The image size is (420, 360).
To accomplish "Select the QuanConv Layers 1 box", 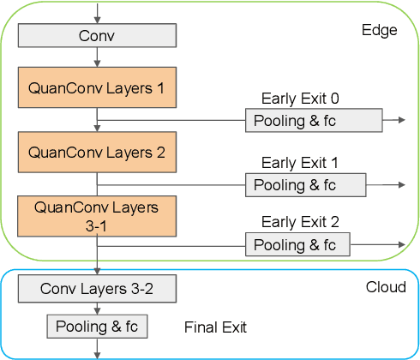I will (x=97, y=88).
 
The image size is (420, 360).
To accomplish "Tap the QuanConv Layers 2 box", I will (x=97, y=153).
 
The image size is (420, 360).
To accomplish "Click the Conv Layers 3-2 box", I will (x=97, y=289).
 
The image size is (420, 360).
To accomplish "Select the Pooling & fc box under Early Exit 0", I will (x=313, y=120).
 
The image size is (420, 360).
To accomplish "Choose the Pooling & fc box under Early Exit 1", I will (x=305, y=184).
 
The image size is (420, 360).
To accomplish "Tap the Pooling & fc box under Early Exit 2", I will (x=297, y=245).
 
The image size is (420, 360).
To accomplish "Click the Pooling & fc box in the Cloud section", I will (x=97, y=327).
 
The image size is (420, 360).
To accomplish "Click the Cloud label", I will (x=386, y=287).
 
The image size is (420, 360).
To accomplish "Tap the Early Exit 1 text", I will (x=300, y=162).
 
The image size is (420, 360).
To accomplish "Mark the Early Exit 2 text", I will (x=300, y=222).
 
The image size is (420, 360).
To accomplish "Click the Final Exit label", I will (x=215, y=327).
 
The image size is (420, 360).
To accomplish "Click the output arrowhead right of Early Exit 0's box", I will (x=401, y=120).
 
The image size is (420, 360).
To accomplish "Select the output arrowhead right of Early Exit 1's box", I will (x=399, y=184).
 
